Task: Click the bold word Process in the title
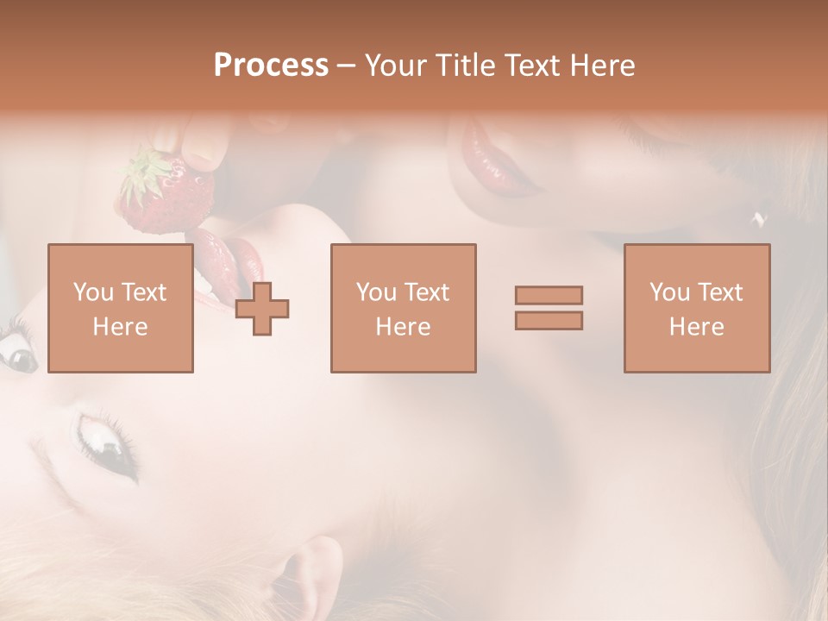click(x=271, y=66)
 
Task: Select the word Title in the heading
click(x=467, y=66)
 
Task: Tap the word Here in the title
click(x=602, y=66)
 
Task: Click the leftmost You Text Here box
click(x=121, y=309)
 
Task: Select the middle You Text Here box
click(x=404, y=309)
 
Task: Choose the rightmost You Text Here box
click(x=697, y=309)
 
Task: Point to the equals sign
click(x=549, y=308)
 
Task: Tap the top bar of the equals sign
click(x=549, y=296)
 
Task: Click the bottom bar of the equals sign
click(x=549, y=321)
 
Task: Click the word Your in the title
click(x=396, y=66)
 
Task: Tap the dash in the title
click(x=347, y=66)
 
